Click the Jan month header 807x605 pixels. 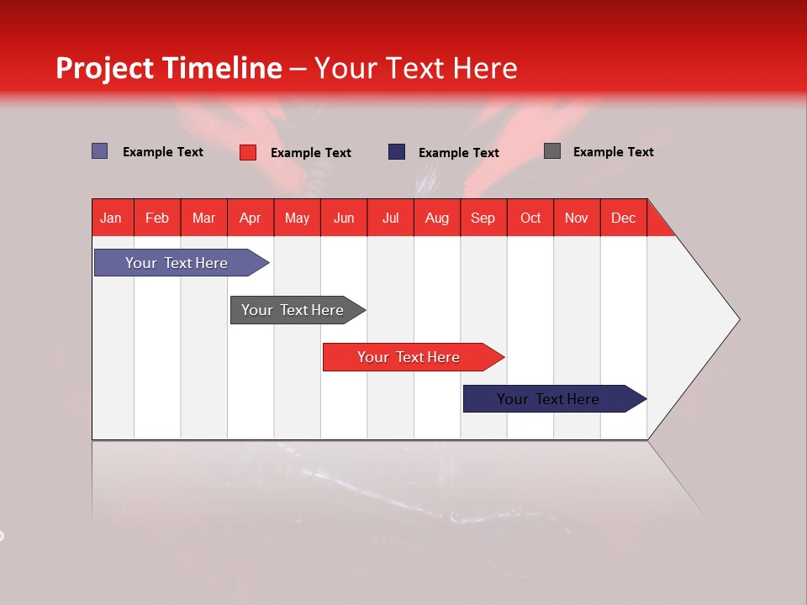coord(112,218)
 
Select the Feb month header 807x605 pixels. coord(157,218)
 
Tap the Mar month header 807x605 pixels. coord(203,218)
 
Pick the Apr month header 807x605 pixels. coord(251,218)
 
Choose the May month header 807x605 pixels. coord(297,218)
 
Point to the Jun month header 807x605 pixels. coord(344,218)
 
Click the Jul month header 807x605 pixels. coord(390,218)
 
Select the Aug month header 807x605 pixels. coord(437,218)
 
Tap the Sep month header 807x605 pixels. coord(483,218)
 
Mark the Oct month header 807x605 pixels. coord(530,218)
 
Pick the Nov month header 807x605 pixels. coord(577,218)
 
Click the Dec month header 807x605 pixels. coord(624,218)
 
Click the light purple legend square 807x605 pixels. coord(100,151)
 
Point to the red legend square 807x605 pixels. coord(248,152)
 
